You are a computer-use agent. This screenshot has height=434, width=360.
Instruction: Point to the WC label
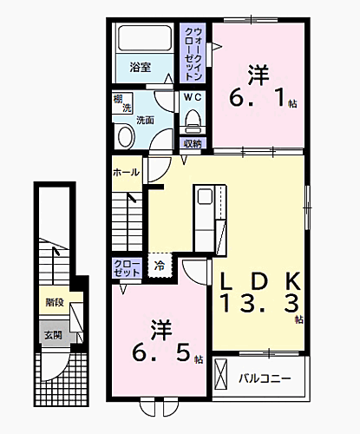[x=192, y=98]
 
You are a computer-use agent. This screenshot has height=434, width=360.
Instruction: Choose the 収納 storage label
[x=193, y=143]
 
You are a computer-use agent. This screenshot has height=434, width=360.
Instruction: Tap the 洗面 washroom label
[x=146, y=121]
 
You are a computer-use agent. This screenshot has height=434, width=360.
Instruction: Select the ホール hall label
[x=126, y=172]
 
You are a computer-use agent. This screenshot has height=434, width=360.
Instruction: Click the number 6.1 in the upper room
[x=258, y=100]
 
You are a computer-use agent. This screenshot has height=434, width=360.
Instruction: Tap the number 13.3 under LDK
[x=258, y=303]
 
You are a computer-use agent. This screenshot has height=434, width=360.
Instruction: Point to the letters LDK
[x=258, y=279]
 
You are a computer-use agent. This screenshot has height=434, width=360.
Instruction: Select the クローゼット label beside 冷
[x=127, y=267]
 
